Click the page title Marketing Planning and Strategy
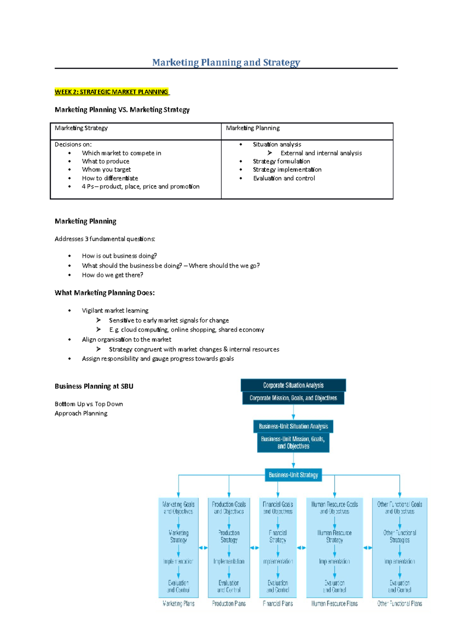click(x=226, y=62)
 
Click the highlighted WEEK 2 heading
click(x=111, y=92)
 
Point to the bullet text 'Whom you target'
click(x=106, y=170)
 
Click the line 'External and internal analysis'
click(x=321, y=153)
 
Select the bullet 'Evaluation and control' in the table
click(x=284, y=178)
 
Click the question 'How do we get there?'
click(x=112, y=275)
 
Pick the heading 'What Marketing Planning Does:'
click(x=105, y=293)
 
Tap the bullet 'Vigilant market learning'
click(x=115, y=310)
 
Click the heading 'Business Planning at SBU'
click(x=94, y=386)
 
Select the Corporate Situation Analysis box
click(x=293, y=385)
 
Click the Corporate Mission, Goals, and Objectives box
click(x=293, y=398)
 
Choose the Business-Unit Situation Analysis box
click(x=293, y=426)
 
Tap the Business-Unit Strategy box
click(x=293, y=475)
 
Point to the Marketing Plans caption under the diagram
click(x=179, y=604)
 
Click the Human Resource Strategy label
click(x=334, y=536)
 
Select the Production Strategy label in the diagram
click(x=229, y=536)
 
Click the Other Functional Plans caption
click(x=400, y=604)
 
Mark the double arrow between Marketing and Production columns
click(x=203, y=548)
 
